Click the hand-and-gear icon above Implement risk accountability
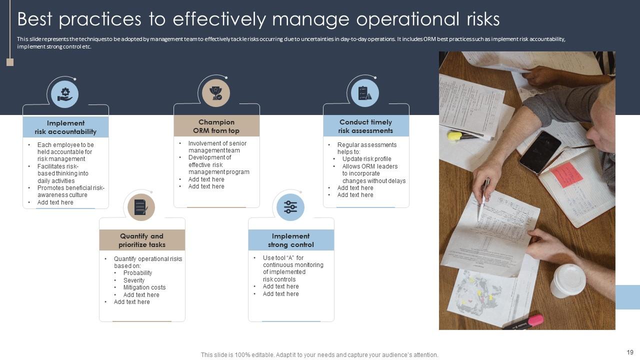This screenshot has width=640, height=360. (65, 94)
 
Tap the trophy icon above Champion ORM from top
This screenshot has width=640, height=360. (215, 93)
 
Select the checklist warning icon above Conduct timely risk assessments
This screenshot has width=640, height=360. (365, 93)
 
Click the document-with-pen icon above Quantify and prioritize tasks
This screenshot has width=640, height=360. (141, 207)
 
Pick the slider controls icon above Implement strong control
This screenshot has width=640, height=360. (290, 207)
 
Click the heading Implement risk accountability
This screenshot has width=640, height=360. (65, 127)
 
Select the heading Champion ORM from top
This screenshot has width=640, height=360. (216, 126)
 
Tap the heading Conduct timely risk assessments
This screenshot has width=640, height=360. (365, 126)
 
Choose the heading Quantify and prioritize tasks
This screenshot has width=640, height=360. (141, 240)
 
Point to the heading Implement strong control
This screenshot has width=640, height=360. (290, 240)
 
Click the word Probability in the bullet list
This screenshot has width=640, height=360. (137, 273)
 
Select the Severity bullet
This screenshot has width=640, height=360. (134, 280)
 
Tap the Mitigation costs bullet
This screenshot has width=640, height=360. (144, 287)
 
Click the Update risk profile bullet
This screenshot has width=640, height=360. (367, 159)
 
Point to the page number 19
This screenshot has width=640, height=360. (630, 352)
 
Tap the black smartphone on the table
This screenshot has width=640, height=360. (540, 152)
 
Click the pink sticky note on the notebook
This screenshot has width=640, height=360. (566, 174)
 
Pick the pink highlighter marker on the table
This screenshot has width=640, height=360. (523, 322)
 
